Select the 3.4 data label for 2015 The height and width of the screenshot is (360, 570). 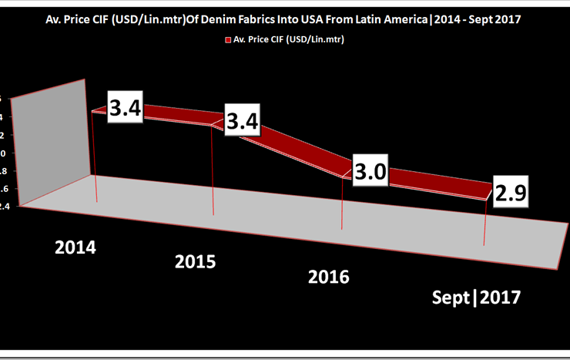(x=240, y=121)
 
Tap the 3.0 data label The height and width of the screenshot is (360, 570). (x=369, y=170)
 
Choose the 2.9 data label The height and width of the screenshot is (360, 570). (x=511, y=193)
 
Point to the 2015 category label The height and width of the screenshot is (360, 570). (x=196, y=261)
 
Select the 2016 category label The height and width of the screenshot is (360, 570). (x=329, y=275)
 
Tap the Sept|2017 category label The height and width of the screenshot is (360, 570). (x=477, y=298)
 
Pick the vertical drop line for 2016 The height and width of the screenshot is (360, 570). (x=341, y=204)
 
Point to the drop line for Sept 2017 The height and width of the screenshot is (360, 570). (x=484, y=224)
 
